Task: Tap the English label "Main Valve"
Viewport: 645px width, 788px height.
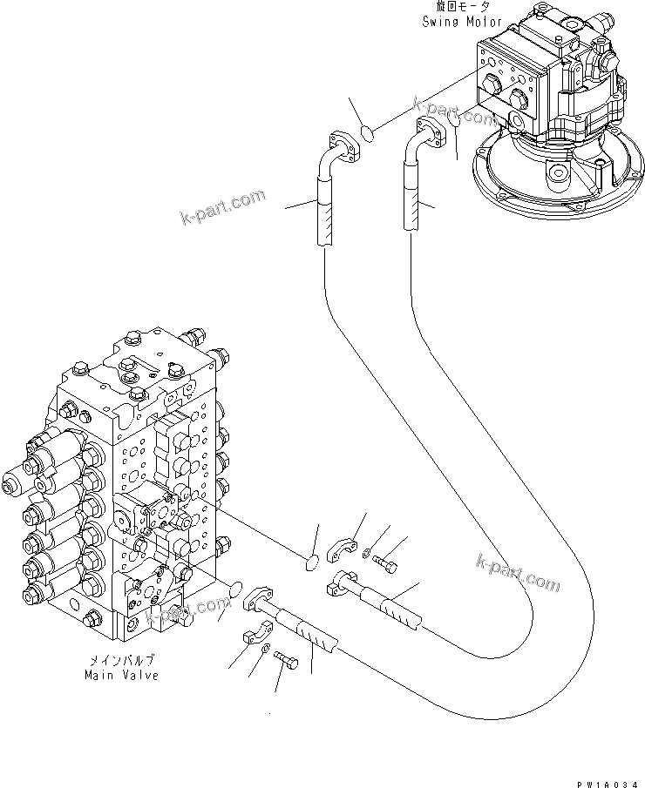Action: pos(121,675)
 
